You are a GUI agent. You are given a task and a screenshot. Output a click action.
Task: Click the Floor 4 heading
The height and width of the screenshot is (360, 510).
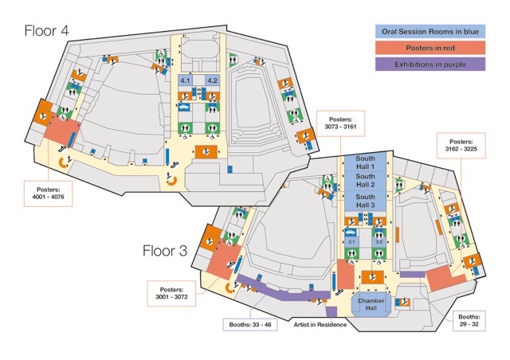[46, 30]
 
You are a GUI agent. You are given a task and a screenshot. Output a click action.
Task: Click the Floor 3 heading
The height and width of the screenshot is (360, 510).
[165, 251]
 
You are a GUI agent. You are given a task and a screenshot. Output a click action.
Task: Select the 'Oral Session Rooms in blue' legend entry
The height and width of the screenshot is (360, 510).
[430, 32]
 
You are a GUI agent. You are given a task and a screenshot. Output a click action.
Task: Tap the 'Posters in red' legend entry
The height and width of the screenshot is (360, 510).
[430, 48]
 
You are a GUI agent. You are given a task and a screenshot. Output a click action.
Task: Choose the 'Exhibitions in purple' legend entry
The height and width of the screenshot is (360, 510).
[430, 64]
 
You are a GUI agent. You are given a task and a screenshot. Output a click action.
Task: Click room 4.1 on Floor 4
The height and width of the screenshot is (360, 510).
[185, 80]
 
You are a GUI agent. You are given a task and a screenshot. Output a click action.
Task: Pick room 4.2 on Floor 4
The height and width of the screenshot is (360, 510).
[213, 80]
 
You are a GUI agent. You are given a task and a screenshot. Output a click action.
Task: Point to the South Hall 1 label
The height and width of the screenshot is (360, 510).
[365, 162]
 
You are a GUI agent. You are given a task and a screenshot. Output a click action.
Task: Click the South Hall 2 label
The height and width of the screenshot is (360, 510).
[365, 181]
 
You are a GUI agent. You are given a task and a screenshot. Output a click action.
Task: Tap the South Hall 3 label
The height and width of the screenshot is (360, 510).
[365, 201]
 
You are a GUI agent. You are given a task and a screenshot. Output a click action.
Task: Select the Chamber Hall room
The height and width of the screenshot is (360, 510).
[371, 304]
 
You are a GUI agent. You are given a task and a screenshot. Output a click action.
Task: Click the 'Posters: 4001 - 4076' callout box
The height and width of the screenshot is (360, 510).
[48, 194]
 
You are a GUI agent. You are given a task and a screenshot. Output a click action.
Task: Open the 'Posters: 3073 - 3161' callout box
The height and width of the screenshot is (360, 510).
[340, 123]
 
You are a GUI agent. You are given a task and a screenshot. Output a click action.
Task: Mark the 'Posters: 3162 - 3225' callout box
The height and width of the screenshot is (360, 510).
[461, 146]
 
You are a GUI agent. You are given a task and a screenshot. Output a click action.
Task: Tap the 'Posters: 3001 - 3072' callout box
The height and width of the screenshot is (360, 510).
[171, 293]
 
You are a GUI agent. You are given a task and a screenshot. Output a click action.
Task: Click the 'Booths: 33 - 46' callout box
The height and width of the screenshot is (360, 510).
[250, 324]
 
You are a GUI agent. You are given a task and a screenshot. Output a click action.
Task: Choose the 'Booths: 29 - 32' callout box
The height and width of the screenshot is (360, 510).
[469, 320]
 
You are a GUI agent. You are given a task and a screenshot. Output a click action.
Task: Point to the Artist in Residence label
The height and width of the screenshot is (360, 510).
[320, 324]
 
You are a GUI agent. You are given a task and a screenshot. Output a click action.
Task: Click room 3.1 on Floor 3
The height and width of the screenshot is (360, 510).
[351, 242]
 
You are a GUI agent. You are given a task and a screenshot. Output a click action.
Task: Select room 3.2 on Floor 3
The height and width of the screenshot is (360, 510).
[379, 242]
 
